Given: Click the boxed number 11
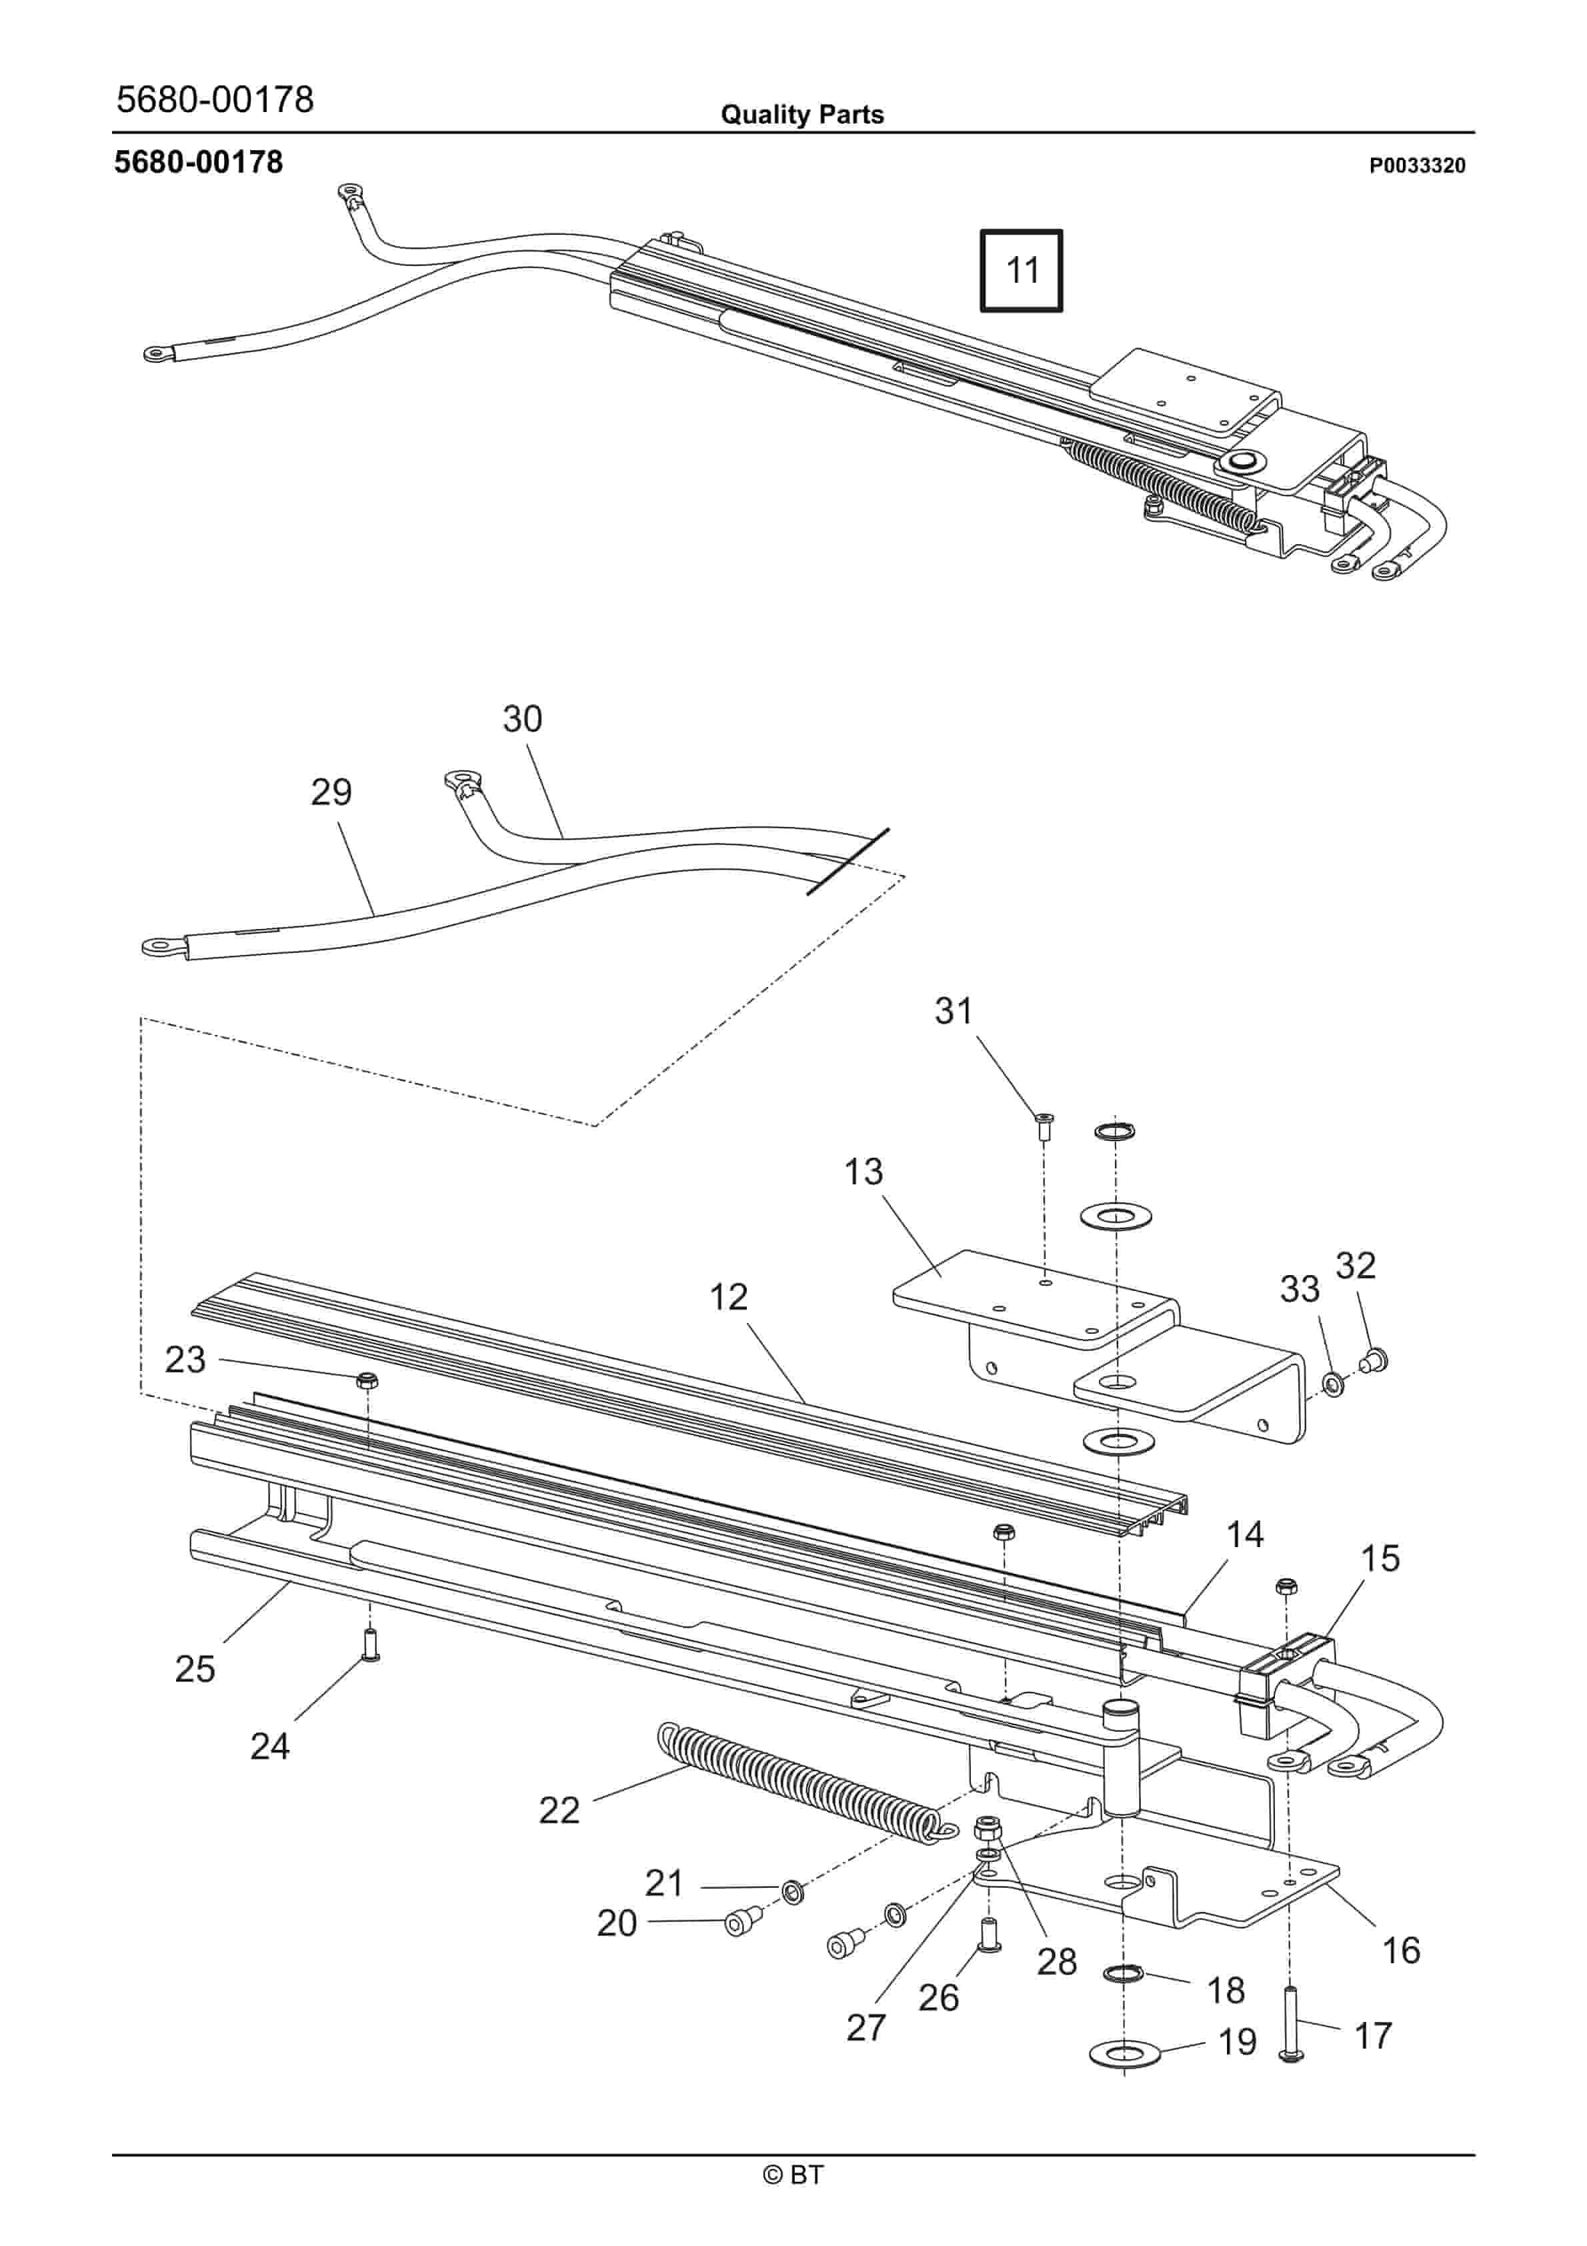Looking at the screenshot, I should [x=1022, y=270].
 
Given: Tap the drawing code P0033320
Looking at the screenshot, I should [x=1417, y=166].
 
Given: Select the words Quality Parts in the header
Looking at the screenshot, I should [x=802, y=115].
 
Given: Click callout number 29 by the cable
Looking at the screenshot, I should [x=331, y=792].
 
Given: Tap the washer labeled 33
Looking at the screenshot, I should [x=1332, y=1382].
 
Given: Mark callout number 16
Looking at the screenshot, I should [x=1400, y=1950].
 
